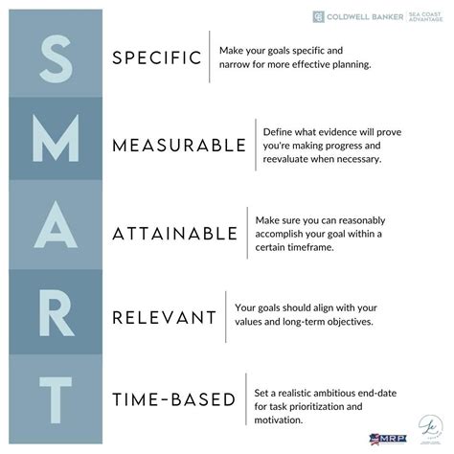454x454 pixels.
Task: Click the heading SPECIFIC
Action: [156, 57]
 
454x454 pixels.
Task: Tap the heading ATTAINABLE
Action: [174, 233]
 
